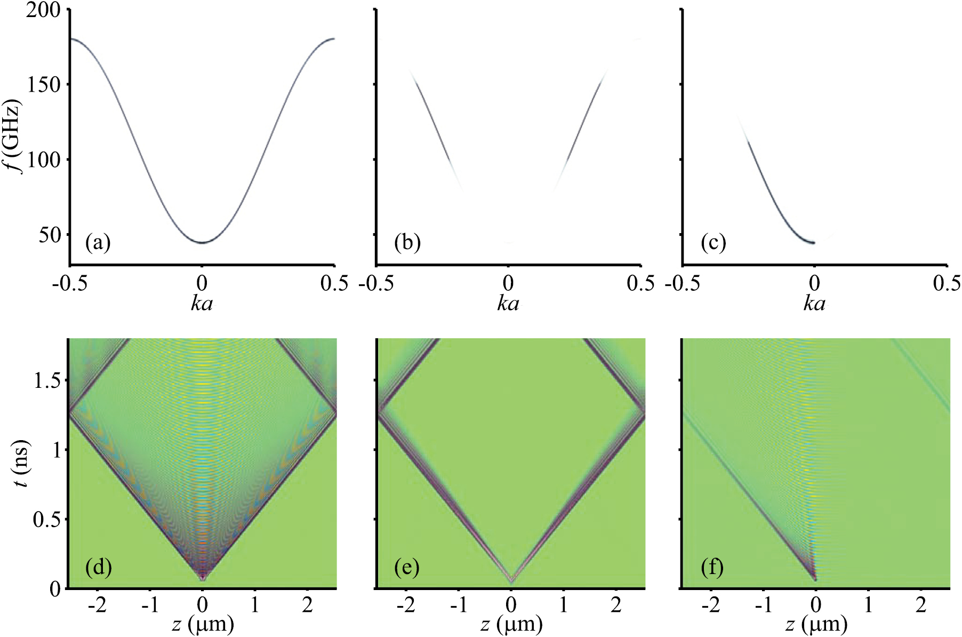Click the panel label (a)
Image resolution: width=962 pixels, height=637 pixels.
pyautogui.click(x=98, y=243)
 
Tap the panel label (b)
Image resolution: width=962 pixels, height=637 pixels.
pyautogui.click(x=407, y=243)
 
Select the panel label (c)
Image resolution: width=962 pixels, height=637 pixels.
pyautogui.click(x=713, y=243)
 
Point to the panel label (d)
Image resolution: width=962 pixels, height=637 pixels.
pyautogui.click(x=98, y=567)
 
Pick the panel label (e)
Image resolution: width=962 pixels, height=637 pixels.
pyautogui.click(x=407, y=567)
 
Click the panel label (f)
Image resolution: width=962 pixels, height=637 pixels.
pyautogui.click(x=712, y=567)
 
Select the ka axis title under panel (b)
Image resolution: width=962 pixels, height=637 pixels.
pyautogui.click(x=508, y=304)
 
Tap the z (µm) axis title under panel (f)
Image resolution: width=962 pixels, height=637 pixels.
pyautogui.click(x=816, y=624)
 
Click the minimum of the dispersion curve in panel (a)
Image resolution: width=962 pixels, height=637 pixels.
pyautogui.click(x=202, y=243)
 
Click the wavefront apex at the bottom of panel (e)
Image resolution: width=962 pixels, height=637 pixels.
pyautogui.click(x=511, y=580)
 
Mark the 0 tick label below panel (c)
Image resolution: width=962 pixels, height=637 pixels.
pyautogui.click(x=814, y=283)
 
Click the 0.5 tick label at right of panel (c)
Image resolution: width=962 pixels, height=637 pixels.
pyautogui.click(x=947, y=283)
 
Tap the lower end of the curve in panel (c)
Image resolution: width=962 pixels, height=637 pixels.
pyautogui.click(x=813, y=243)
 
